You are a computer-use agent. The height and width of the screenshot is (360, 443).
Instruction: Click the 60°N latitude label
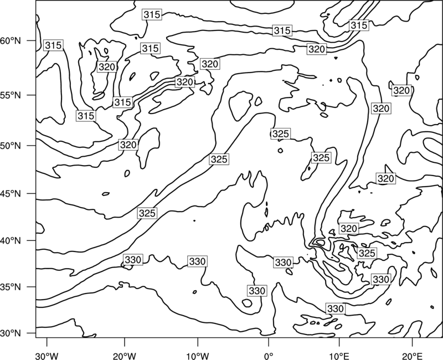tap(11, 41)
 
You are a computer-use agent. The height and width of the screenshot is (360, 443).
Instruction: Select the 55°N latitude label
tap(11, 95)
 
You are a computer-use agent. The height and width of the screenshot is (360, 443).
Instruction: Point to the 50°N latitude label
tap(11, 146)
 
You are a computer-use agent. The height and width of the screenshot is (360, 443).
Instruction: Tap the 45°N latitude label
tap(11, 194)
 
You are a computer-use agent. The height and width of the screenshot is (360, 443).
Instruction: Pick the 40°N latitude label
tap(11, 241)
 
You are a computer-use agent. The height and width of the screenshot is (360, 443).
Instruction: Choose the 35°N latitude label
tap(11, 287)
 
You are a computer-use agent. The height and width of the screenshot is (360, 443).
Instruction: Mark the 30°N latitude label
tap(11, 333)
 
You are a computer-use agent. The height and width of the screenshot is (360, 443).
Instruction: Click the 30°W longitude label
tap(47, 356)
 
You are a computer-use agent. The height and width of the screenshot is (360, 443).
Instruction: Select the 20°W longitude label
tap(124, 356)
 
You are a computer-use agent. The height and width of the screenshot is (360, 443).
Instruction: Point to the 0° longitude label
tap(269, 356)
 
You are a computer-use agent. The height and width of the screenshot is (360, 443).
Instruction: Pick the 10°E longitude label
tap(339, 356)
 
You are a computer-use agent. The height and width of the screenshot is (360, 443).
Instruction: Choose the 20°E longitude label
tap(412, 356)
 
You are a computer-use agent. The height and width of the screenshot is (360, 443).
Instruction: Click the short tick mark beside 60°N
tap(32, 40)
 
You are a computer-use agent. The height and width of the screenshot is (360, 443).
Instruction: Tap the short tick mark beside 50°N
tap(32, 146)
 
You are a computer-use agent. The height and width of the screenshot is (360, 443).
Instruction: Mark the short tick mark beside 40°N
tap(32, 240)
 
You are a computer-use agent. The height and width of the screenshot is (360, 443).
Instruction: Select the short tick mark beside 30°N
tap(32, 333)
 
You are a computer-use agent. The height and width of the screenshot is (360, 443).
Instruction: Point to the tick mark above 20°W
tap(124, 342)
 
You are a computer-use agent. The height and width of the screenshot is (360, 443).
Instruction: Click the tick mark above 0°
tap(269, 342)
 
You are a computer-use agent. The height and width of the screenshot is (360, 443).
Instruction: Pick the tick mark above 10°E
tap(339, 342)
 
